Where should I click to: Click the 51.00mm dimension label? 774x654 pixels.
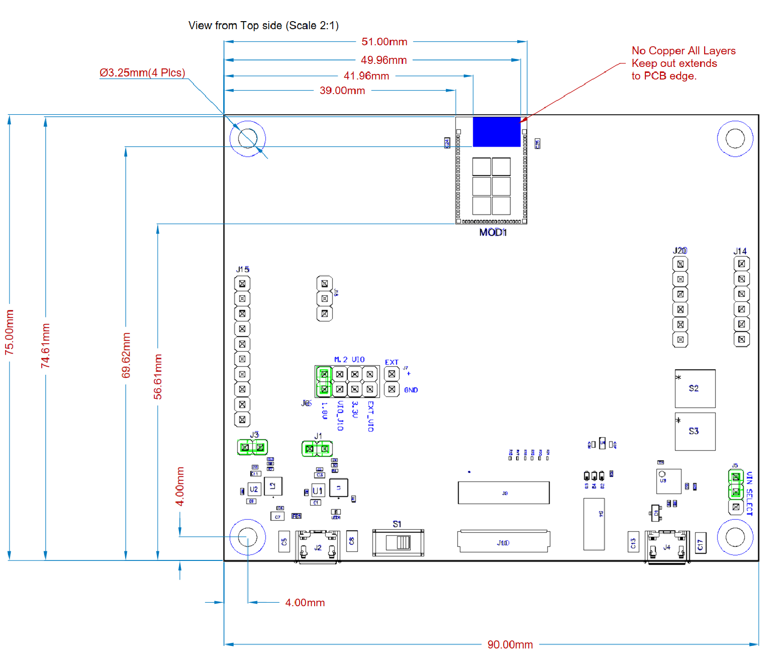[384, 42]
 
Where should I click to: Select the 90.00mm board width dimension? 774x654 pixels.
[510, 644]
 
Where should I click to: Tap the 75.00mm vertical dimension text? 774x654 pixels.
[10, 333]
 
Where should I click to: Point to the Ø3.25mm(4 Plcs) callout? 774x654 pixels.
[142, 73]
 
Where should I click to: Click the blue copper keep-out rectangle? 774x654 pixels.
[496, 132]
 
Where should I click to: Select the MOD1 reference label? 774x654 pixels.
[493, 232]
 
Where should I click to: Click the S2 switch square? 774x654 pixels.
[695, 388]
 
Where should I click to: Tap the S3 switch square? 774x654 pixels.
[695, 431]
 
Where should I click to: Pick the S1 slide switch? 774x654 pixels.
[398, 542]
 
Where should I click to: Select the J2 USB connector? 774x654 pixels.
[318, 546]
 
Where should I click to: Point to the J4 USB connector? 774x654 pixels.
[666, 546]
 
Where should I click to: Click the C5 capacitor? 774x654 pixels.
[284, 542]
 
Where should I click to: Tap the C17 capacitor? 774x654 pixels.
[700, 544]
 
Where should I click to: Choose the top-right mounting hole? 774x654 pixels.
[735, 138]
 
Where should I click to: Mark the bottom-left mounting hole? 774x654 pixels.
[247, 537]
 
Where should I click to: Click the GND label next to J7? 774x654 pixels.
[411, 390]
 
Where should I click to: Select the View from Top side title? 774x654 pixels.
[263, 26]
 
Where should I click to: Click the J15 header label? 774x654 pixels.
[243, 270]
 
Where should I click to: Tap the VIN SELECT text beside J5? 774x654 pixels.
[749, 494]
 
